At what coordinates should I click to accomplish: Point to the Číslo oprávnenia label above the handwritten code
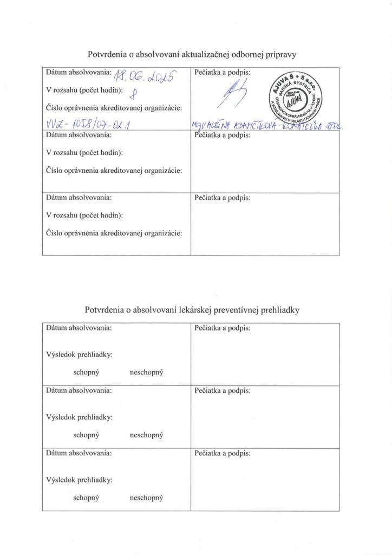tap(114, 108)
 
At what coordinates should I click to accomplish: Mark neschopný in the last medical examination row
tap(147, 498)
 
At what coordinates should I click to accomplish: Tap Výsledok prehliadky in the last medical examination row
tap(80, 480)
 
